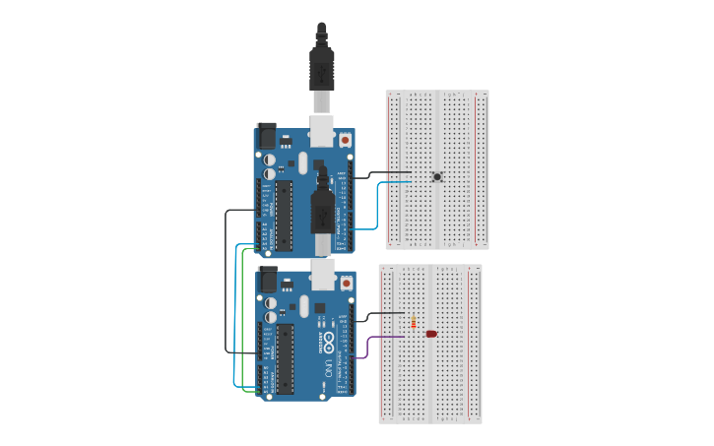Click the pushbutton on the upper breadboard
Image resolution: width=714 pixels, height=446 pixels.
click(437, 177)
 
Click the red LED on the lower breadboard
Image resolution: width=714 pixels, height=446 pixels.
click(431, 335)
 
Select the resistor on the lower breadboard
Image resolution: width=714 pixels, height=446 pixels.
click(413, 322)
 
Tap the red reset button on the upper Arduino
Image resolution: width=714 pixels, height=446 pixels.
click(345, 141)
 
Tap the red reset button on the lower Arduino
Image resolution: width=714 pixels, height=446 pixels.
click(345, 283)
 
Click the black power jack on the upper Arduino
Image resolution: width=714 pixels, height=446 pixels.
click(266, 135)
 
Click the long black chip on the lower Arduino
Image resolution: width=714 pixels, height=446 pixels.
click(285, 359)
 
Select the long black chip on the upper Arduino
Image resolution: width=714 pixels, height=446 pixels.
click(285, 216)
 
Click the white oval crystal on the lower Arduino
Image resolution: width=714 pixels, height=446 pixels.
click(304, 305)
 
